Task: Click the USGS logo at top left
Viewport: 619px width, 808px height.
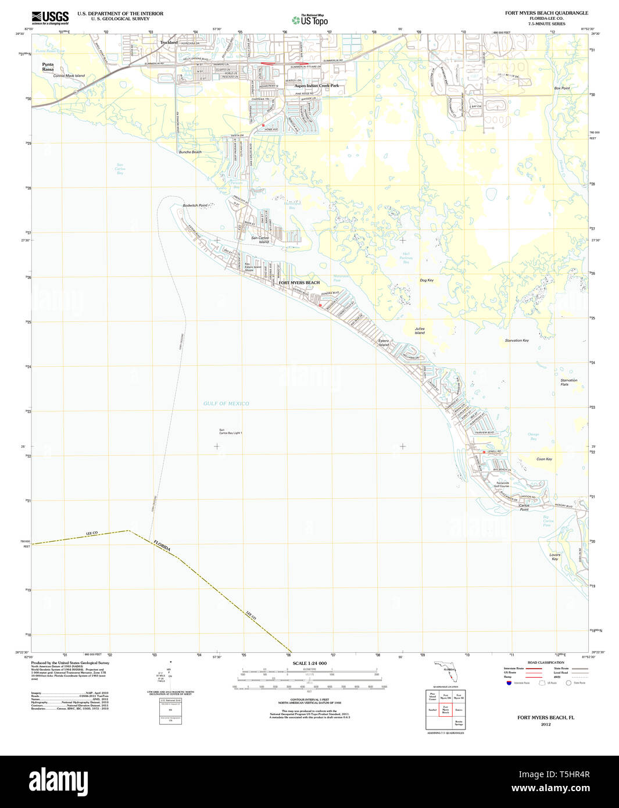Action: click(50, 17)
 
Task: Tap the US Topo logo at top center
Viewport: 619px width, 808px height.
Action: click(310, 20)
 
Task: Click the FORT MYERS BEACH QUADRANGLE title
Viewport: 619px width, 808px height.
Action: click(546, 13)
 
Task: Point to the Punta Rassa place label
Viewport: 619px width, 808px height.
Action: click(48, 67)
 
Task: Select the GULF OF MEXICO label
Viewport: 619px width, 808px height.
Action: click(226, 403)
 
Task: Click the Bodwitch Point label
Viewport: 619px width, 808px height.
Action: click(195, 205)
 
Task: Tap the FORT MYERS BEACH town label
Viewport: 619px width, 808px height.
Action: click(299, 283)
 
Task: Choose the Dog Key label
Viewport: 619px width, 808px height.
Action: click(427, 280)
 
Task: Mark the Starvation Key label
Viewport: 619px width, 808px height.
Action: click(517, 340)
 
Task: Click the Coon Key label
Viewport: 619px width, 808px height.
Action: click(544, 459)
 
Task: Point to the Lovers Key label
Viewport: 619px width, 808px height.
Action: click(555, 557)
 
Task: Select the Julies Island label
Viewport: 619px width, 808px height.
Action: click(420, 331)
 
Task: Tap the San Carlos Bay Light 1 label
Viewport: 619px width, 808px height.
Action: click(230, 432)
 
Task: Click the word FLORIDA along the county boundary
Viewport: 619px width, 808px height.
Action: click(163, 547)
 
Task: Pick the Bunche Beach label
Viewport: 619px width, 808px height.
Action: click(190, 152)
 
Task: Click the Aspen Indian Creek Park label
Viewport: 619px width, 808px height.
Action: click(316, 85)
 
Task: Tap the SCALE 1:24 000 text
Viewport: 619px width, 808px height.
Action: click(309, 663)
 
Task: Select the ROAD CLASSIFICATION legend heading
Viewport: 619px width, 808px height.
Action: click(545, 663)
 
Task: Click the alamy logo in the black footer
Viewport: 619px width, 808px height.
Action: click(58, 781)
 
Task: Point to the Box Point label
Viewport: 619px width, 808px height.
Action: click(561, 88)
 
